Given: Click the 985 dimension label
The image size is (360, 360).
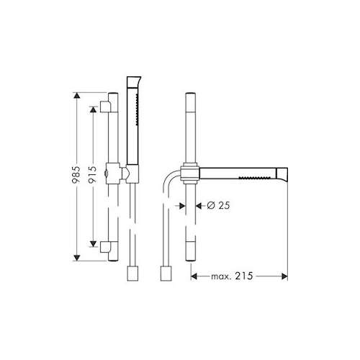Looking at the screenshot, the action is pyautogui.click(x=76, y=174).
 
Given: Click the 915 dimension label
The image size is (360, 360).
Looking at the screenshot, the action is pyautogui.click(x=93, y=174).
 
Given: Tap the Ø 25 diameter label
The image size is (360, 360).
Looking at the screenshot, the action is pyautogui.click(x=218, y=205).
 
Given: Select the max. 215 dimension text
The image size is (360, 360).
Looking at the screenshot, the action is pyautogui.click(x=232, y=276).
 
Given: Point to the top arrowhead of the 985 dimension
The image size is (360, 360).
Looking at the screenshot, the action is pyautogui.click(x=76, y=95).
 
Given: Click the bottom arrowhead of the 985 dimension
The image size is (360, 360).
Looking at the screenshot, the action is pyautogui.click(x=76, y=258).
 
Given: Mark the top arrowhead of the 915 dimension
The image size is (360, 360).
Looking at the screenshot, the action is pyautogui.click(x=93, y=109).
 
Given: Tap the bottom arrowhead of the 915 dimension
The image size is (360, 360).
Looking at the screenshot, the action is pyautogui.click(x=93, y=244).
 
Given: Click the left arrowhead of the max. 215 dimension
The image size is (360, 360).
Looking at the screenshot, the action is pyautogui.click(x=194, y=276).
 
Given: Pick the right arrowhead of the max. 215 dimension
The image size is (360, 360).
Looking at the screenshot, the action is pyautogui.click(x=284, y=276).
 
